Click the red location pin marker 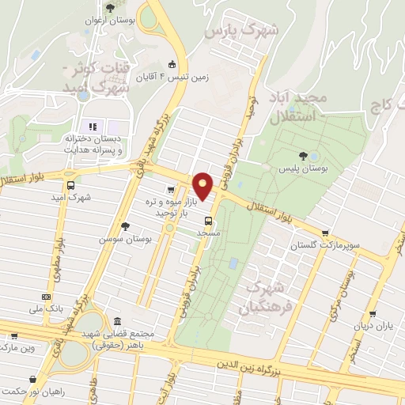203,185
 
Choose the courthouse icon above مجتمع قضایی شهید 117,322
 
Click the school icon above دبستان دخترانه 92,127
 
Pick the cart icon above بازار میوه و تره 171,190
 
